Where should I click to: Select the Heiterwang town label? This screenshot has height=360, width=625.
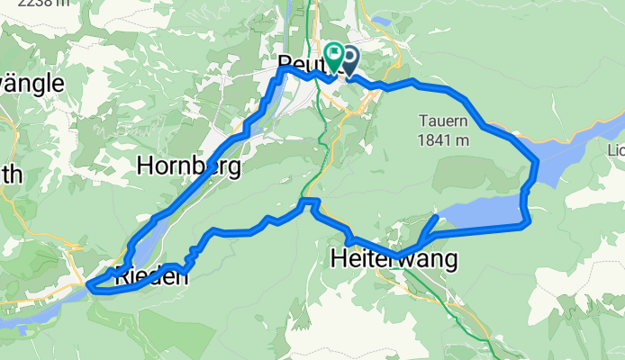[394, 259]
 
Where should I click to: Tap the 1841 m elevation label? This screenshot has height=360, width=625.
[443, 139]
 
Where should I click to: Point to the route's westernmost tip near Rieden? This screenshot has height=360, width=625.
[90, 287]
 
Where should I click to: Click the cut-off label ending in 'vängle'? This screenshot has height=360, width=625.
[31, 84]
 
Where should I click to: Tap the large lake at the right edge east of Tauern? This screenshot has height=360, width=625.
[581, 148]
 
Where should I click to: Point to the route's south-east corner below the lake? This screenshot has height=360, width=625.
[528, 222]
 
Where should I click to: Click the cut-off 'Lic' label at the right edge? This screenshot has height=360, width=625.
[615, 148]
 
